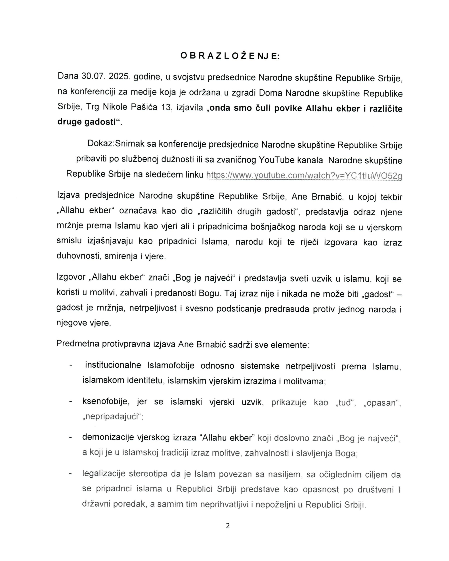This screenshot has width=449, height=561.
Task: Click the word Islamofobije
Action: point(171,365)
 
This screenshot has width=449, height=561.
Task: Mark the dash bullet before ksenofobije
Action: point(71,402)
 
